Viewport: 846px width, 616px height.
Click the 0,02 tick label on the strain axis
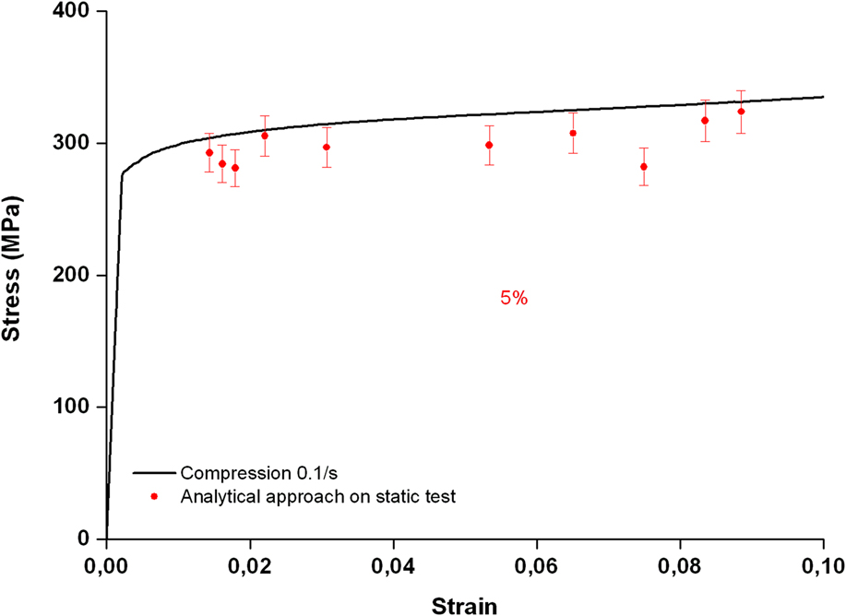(x=250, y=564)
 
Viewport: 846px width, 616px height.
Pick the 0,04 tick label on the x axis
(x=393, y=564)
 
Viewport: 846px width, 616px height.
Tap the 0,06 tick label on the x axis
(x=537, y=564)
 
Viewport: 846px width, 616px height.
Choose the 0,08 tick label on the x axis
(x=680, y=564)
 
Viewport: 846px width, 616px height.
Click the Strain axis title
(x=465, y=604)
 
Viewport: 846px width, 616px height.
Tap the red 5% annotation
(x=513, y=299)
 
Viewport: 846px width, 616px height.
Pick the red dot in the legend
(x=154, y=497)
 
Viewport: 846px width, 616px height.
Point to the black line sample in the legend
(x=154, y=473)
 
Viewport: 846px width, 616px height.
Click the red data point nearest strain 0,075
(x=644, y=167)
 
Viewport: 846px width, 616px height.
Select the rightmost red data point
(x=741, y=112)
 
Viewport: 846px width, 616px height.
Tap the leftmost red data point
(x=209, y=153)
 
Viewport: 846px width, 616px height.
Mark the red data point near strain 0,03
(x=327, y=148)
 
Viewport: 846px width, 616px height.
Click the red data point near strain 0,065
(x=573, y=133)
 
